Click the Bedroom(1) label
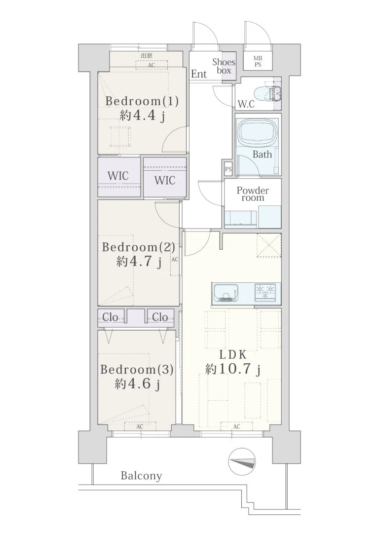click(142, 102)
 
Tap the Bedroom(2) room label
click(138, 247)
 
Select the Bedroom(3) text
click(137, 370)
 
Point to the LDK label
click(233, 355)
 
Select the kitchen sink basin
click(225, 294)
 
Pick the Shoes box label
click(224, 66)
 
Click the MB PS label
click(258, 62)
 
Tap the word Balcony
click(142, 476)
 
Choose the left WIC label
click(118, 176)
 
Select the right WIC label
click(165, 180)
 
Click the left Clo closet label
click(110, 317)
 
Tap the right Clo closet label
click(160, 317)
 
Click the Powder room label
click(253, 194)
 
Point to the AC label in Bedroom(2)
click(175, 260)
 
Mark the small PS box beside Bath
click(228, 169)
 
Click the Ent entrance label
click(199, 74)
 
